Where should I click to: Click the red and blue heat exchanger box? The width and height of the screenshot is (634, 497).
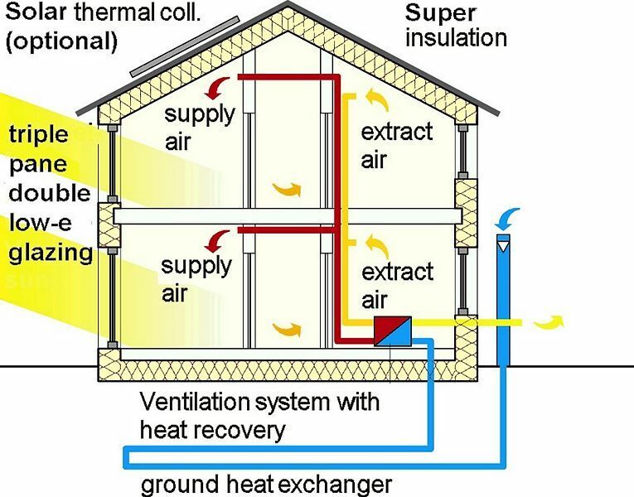(x=392, y=331)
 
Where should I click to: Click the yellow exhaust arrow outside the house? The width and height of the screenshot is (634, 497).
(x=549, y=321)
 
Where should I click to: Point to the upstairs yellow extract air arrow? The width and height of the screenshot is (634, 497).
(x=378, y=99)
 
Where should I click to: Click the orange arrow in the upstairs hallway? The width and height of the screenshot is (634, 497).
(x=287, y=189)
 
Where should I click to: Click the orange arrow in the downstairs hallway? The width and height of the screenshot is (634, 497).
(x=287, y=330)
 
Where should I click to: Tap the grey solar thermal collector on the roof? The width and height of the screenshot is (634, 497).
(x=185, y=46)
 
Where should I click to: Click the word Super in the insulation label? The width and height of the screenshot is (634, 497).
(x=440, y=13)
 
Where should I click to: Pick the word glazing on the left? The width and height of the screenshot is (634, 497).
(x=51, y=253)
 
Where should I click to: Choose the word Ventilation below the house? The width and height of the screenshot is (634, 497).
(x=201, y=402)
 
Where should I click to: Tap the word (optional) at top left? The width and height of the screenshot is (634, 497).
(x=61, y=41)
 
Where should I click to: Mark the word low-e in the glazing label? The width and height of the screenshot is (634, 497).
(x=41, y=222)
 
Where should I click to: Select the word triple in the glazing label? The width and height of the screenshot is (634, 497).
(x=39, y=135)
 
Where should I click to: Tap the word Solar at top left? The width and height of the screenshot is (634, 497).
(x=36, y=12)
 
